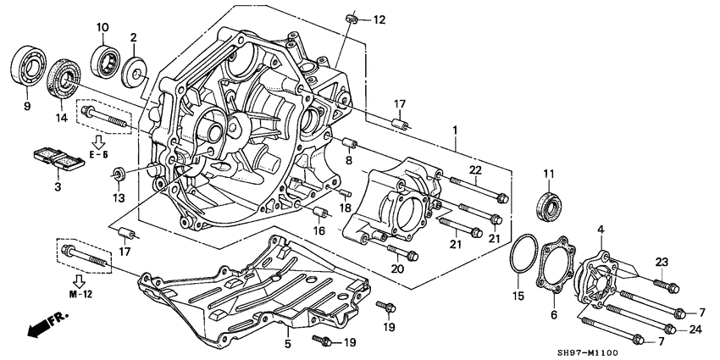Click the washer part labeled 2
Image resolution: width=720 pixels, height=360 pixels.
pos(134,70)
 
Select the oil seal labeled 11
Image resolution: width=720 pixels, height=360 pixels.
pos(548,207)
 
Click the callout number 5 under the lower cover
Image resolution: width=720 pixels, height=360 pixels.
pos(287,345)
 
